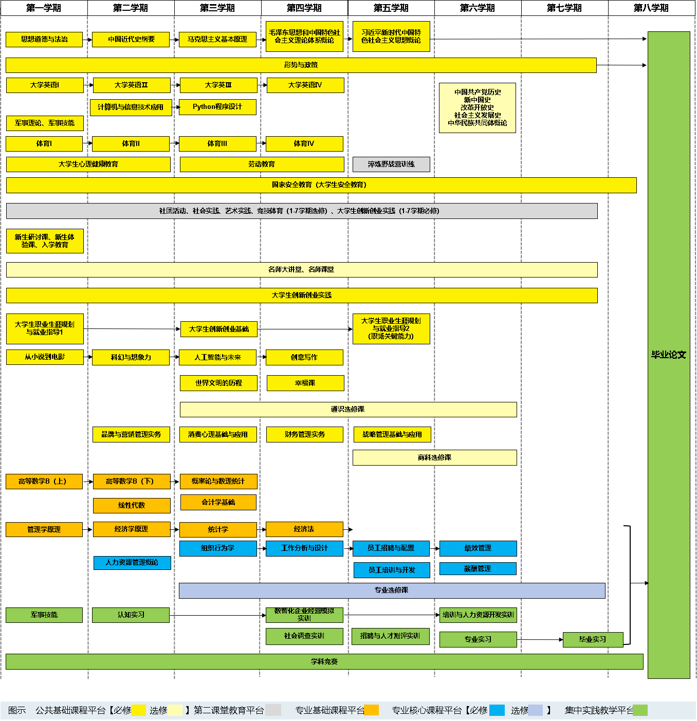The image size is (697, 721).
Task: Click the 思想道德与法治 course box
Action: pyautogui.click(x=44, y=39)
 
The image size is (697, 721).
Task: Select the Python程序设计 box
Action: pyautogui.click(x=217, y=107)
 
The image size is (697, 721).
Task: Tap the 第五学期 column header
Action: pyautogui.click(x=391, y=8)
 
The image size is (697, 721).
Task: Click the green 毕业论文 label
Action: pyautogui.click(x=668, y=355)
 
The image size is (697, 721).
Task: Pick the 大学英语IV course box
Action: pyautogui.click(x=305, y=85)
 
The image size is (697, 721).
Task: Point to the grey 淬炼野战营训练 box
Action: pyautogui.click(x=391, y=164)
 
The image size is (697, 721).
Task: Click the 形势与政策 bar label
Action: pyautogui.click(x=301, y=65)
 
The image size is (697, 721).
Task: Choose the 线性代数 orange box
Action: pyautogui.click(x=132, y=505)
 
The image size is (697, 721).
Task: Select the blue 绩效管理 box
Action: pyautogui.click(x=478, y=548)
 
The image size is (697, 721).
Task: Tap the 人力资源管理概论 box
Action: pyautogui.click(x=132, y=562)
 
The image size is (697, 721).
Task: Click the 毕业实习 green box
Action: pyautogui.click(x=593, y=639)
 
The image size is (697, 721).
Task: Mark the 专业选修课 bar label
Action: pyautogui.click(x=391, y=590)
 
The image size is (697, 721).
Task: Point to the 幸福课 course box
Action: pyautogui.click(x=305, y=383)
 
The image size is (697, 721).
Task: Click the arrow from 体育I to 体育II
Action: pyautogui.click(x=87, y=143)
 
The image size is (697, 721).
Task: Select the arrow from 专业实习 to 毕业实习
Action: pyautogui.click(x=540, y=639)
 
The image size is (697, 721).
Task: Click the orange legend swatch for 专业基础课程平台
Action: pyautogui.click(x=371, y=710)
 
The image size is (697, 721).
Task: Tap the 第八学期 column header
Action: pyautogui.click(x=651, y=8)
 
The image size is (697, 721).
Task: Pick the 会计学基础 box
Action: pyautogui.click(x=218, y=503)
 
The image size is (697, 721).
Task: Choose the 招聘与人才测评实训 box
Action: pyautogui.click(x=390, y=636)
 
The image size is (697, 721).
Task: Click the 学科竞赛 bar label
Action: pyautogui.click(x=324, y=662)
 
